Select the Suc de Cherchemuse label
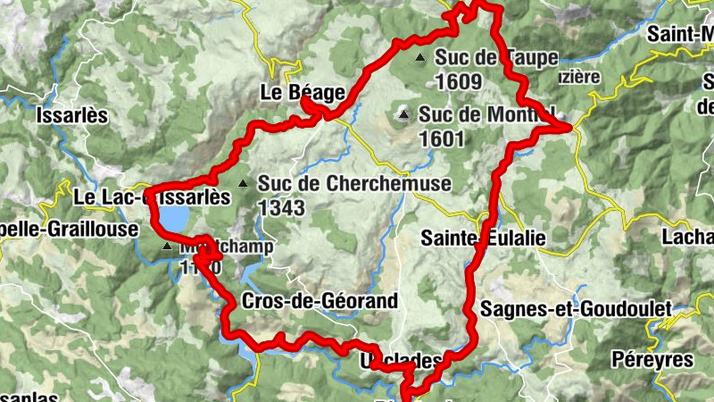354,184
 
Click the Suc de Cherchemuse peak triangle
242,184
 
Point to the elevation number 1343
281,208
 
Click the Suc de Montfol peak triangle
404,114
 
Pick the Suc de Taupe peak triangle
420,58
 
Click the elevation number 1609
459,81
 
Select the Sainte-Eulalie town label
483,239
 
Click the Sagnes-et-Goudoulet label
576,309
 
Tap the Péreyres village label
652,359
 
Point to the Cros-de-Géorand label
320,301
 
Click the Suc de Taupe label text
496,58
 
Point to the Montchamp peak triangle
167,245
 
